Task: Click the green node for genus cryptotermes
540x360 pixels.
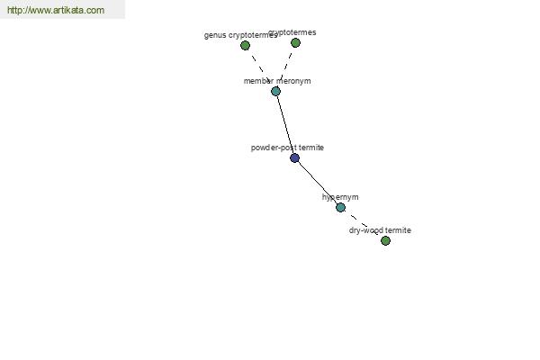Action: pos(245,45)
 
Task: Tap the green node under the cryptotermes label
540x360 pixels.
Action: pos(295,42)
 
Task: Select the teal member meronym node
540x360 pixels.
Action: pos(275,91)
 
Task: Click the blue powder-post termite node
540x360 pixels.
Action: pos(294,158)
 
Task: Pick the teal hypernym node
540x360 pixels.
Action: pos(340,207)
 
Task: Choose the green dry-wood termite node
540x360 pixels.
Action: pos(385,241)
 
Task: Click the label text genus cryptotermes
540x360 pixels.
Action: pos(240,35)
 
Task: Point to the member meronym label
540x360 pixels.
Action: pos(277,81)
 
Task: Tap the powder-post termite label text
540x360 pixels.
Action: pos(287,148)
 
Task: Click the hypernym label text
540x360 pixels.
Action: pos(340,197)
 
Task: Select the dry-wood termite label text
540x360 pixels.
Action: pos(380,230)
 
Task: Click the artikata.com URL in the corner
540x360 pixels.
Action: pos(56,10)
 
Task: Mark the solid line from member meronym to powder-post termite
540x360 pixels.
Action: pos(285,125)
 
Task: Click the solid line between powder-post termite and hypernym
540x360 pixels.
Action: pos(317,183)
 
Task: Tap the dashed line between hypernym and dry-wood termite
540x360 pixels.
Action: pos(363,224)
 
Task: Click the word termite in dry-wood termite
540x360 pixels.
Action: pos(399,230)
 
